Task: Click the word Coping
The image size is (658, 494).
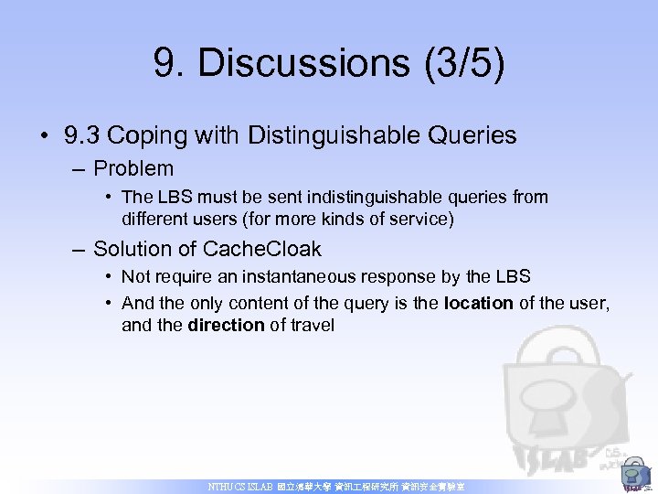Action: coord(146,136)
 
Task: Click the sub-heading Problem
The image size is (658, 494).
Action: coord(133,168)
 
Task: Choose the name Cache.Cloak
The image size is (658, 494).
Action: coord(261,249)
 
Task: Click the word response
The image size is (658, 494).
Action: coord(403,276)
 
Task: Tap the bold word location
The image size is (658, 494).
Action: coord(478,303)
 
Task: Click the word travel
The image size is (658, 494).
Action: coord(313,325)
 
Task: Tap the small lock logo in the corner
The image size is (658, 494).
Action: coord(633,477)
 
